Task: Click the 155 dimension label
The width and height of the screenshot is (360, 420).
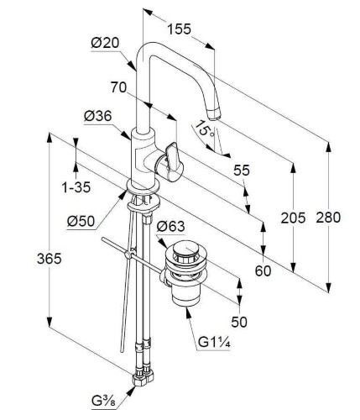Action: tap(179, 29)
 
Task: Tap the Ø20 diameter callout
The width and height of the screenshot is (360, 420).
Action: tap(105, 43)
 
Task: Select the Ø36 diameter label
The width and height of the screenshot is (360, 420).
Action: tap(98, 116)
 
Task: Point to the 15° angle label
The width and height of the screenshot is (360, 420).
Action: tap(204, 129)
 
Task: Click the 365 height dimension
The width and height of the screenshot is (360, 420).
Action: tap(50, 259)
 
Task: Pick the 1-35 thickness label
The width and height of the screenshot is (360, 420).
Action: tap(76, 187)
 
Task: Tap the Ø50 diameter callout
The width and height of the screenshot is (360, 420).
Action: tap(81, 222)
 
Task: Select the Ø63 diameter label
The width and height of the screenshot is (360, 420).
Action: tap(170, 226)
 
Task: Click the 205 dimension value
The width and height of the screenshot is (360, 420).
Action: tap(293, 218)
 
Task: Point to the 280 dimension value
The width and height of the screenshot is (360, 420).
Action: tap(328, 218)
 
